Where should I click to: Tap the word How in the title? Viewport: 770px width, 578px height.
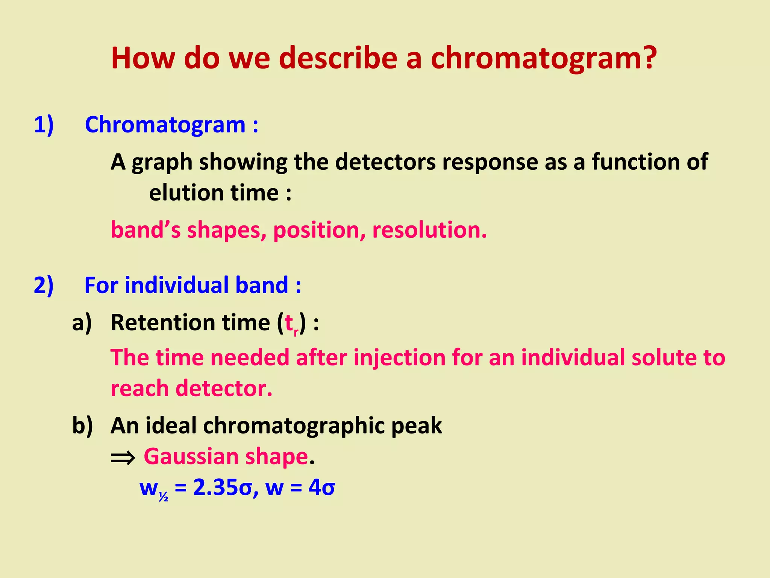[143, 58]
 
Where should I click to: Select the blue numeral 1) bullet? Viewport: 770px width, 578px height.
[44, 125]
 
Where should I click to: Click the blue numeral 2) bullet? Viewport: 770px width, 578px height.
[44, 285]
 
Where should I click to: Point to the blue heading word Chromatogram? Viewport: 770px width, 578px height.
[165, 125]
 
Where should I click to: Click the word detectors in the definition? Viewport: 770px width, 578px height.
[385, 162]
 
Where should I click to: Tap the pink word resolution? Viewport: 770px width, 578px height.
[429, 230]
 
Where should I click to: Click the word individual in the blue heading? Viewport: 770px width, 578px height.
[176, 285]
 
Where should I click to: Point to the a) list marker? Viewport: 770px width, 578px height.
[82, 323]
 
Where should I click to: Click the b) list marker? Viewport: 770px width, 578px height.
[82, 426]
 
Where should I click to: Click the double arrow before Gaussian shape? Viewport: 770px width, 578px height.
[123, 458]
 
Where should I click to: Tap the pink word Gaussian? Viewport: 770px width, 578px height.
[191, 457]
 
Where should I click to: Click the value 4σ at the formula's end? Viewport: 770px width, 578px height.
[321, 488]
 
